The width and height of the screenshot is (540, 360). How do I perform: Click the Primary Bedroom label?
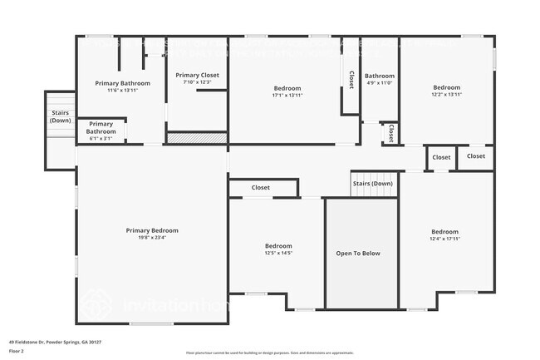(x=152, y=230)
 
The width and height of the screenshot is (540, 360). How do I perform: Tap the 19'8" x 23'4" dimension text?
(x=152, y=238)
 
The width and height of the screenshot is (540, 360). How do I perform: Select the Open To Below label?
(x=358, y=253)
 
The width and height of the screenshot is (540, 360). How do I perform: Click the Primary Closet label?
(x=197, y=76)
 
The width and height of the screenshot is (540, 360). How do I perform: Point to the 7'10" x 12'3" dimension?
(x=197, y=82)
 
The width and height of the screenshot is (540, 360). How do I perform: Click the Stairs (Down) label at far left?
(x=60, y=116)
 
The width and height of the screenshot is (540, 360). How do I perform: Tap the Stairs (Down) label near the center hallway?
(x=372, y=183)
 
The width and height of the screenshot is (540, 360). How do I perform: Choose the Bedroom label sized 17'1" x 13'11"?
(x=287, y=88)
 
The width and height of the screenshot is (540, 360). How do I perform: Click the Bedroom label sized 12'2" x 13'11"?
(x=446, y=87)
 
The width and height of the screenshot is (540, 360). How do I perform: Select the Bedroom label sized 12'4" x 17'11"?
(x=444, y=231)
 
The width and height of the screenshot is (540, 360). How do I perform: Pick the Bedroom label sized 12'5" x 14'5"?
(x=278, y=245)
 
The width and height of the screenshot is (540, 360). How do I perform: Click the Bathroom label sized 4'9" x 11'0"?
(x=380, y=76)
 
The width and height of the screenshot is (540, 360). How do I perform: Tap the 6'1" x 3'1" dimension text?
(x=101, y=138)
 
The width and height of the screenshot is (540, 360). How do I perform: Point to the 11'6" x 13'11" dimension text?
(x=122, y=90)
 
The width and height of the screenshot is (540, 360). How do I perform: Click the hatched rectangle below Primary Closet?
(x=197, y=138)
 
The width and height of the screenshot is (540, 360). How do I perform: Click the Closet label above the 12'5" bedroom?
(x=261, y=188)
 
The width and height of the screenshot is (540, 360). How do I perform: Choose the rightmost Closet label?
(x=476, y=156)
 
